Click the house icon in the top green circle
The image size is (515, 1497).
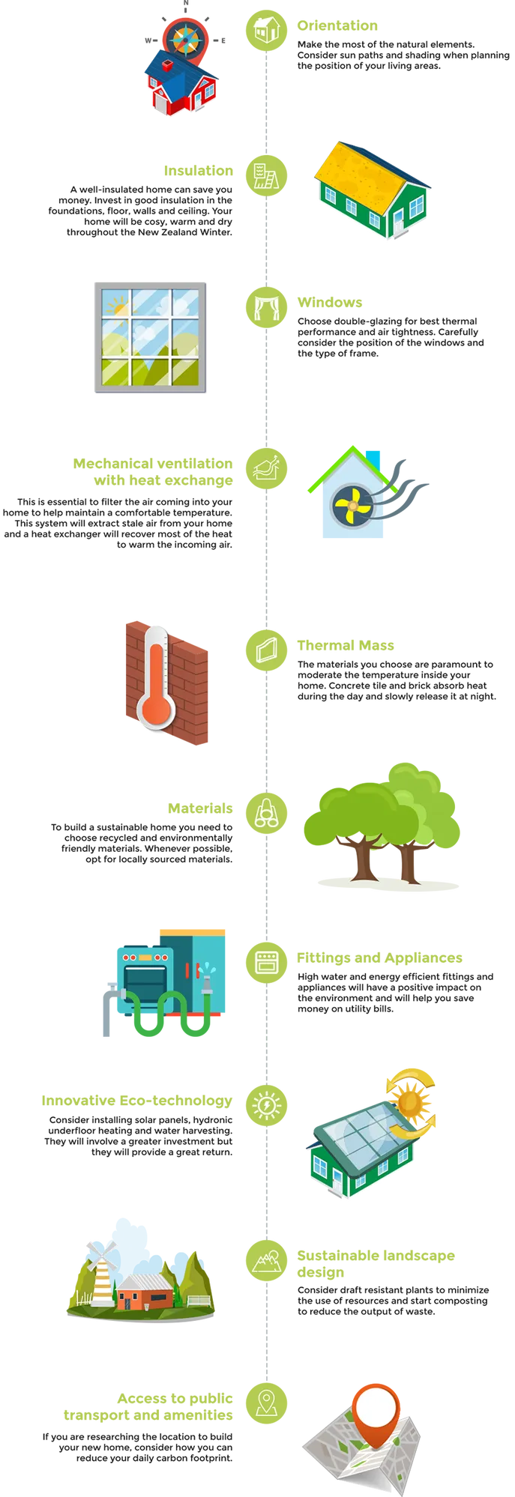coord(266,30)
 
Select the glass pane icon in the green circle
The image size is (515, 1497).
coord(266,647)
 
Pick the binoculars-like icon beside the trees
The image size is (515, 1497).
coord(266,812)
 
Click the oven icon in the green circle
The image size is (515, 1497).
coord(266,961)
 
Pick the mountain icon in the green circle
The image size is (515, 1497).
coord(266,1259)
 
